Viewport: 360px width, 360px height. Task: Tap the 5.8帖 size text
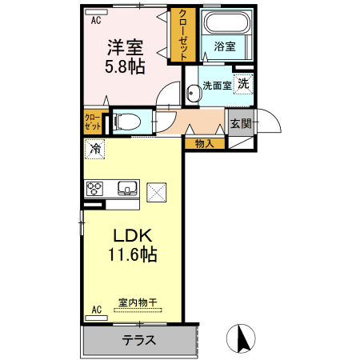[x=126, y=66]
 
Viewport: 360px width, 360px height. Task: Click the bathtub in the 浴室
[x=224, y=23]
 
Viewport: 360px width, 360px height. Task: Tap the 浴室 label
[x=225, y=46]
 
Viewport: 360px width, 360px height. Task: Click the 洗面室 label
[x=217, y=86]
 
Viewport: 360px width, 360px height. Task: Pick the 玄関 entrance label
[x=242, y=123]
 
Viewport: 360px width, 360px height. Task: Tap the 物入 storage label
[x=204, y=144]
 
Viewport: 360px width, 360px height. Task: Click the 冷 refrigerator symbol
[x=96, y=148]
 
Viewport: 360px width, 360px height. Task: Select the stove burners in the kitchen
[x=96, y=190]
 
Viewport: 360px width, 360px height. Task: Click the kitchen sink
[x=127, y=190]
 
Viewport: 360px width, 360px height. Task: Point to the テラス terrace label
[x=139, y=340]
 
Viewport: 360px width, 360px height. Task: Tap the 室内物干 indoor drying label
[x=138, y=302]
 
